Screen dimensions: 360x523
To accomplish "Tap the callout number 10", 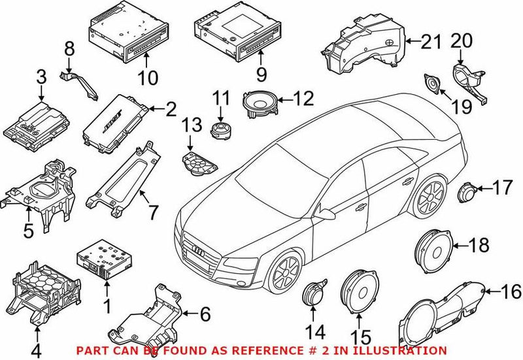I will point(148,78).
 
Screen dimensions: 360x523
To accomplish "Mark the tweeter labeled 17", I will point(467,192).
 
